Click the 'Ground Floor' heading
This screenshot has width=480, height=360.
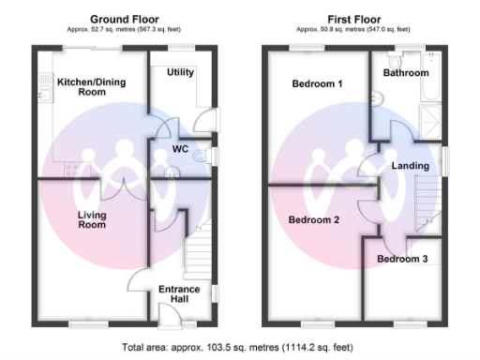123,18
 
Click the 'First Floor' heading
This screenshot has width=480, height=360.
352,18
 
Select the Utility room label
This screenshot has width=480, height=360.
180,72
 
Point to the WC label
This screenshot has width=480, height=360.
181,149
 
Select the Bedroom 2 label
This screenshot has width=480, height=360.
313,221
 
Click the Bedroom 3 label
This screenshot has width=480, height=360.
403,259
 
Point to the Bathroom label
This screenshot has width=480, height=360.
406,73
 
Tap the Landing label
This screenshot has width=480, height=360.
410,166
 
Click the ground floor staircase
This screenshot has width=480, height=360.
198,253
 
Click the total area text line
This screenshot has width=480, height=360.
239,347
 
